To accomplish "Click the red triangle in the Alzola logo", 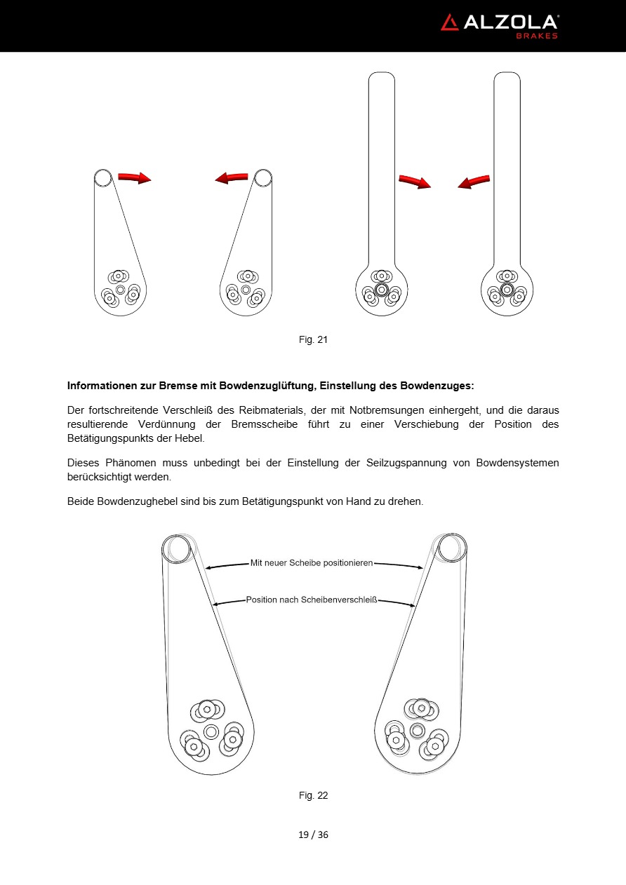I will pyautogui.click(x=449, y=22).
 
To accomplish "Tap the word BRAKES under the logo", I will pyautogui.click(x=537, y=36).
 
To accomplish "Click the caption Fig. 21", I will pyautogui.click(x=313, y=340).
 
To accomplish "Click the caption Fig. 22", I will pyautogui.click(x=313, y=795).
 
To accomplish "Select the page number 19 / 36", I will pyautogui.click(x=313, y=835).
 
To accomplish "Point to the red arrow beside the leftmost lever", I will pyautogui.click(x=134, y=178).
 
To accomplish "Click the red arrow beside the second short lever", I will pyautogui.click(x=232, y=178).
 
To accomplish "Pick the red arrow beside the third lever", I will pyautogui.click(x=414, y=182).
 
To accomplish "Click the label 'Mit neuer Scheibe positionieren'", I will pyautogui.click(x=312, y=562).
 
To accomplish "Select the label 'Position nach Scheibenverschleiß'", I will pyautogui.click(x=312, y=600).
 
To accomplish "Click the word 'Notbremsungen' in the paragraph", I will pyautogui.click(x=384, y=410).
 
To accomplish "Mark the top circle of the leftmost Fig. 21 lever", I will pyautogui.click(x=103, y=177).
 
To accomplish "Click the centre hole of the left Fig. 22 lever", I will pyautogui.click(x=211, y=731).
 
